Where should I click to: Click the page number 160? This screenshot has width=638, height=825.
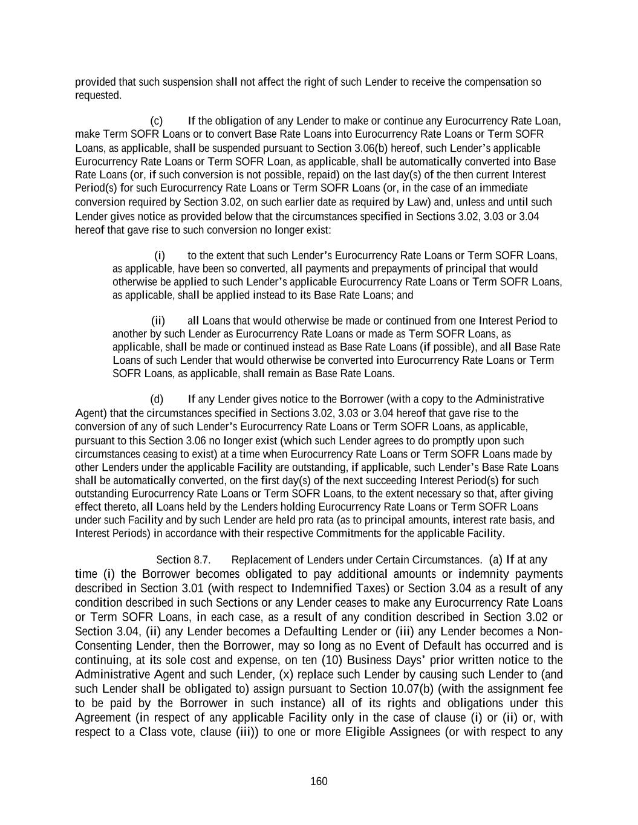(319, 781)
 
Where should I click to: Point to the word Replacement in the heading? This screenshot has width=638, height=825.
(261, 560)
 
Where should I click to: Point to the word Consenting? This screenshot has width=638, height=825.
(102, 645)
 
